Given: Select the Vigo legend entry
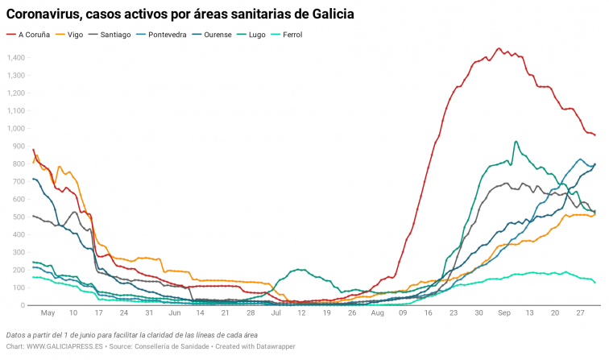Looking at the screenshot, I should point(75,35).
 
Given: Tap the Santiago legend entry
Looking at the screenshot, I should point(115,35).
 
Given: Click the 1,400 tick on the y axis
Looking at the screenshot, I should point(15,58).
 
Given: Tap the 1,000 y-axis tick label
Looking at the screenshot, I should point(15,129).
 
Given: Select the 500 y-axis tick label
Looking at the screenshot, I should point(19,217).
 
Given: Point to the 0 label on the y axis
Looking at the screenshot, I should point(23,305).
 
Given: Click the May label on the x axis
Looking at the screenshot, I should point(48,312).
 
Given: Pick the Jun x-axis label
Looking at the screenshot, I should point(174,312).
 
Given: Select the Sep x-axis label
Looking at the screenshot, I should point(503,312).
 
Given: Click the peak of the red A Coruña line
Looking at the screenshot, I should point(499,48).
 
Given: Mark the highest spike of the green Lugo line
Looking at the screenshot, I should point(516,142).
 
